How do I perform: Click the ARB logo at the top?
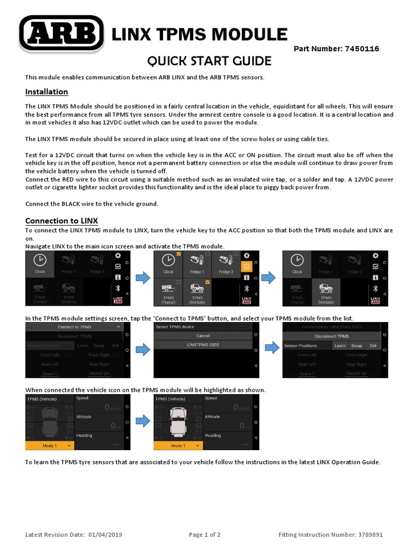[62, 34]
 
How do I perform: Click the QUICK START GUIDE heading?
[202, 60]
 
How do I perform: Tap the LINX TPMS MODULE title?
[199, 34]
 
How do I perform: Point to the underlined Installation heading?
[46, 92]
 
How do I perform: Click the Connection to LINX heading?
[62, 221]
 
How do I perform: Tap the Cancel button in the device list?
[202, 336]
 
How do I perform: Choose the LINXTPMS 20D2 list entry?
[202, 345]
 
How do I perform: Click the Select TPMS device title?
[176, 326]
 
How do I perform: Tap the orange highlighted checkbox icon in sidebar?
[247, 266]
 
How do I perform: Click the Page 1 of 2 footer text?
[205, 535]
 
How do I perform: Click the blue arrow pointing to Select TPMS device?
[142, 350]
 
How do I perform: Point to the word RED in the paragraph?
[64, 179]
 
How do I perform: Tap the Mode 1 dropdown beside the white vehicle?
[178, 445]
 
